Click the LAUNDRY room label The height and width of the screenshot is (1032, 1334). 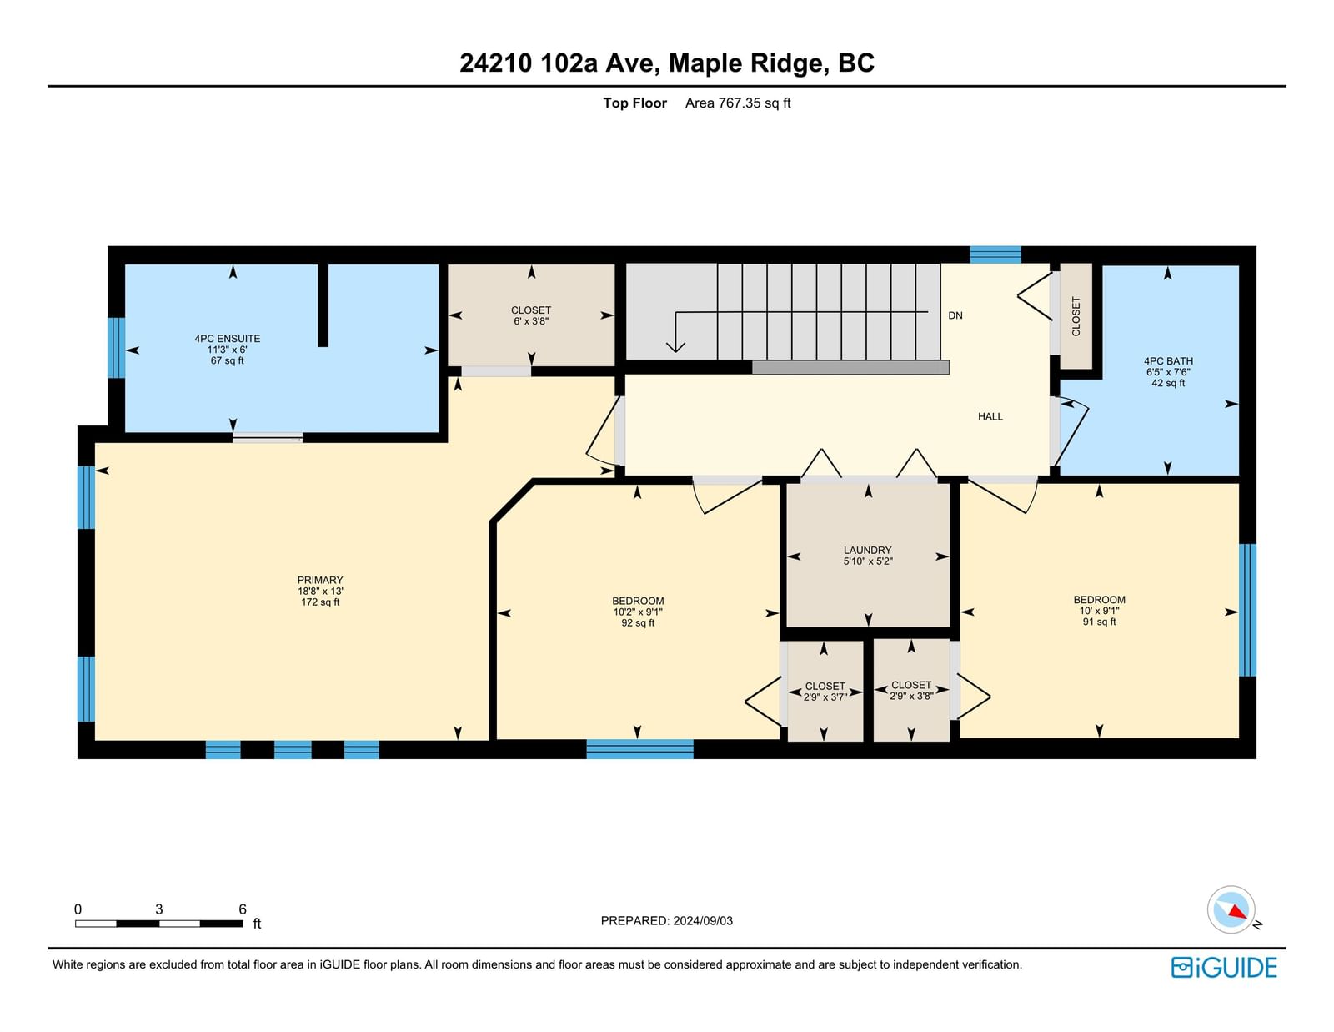coord(867,551)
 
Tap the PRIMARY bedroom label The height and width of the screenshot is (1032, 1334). coord(320,580)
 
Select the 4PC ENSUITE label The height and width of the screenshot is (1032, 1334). coord(227,339)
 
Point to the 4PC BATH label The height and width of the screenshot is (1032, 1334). coord(1168,361)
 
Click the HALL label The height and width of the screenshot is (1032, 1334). coord(990,416)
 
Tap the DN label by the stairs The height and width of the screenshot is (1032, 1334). coord(955,315)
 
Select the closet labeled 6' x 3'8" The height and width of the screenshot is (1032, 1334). coord(531,315)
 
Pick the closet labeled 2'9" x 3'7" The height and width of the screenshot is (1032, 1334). coord(825,692)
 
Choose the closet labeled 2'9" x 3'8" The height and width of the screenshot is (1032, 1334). coord(911,691)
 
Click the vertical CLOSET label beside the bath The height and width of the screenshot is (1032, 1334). coord(1076,316)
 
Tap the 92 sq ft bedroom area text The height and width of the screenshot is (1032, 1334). coord(638,623)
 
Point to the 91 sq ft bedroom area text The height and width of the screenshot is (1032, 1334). coord(1099,622)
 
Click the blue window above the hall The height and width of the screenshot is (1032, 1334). coord(995,254)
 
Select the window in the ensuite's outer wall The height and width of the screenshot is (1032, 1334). coord(116,348)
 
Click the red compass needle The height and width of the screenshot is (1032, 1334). coord(1237,912)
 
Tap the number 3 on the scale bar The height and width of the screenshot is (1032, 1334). coord(159,909)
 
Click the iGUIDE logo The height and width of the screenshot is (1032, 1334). coord(1224,968)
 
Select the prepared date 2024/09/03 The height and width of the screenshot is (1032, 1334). coord(703,921)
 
